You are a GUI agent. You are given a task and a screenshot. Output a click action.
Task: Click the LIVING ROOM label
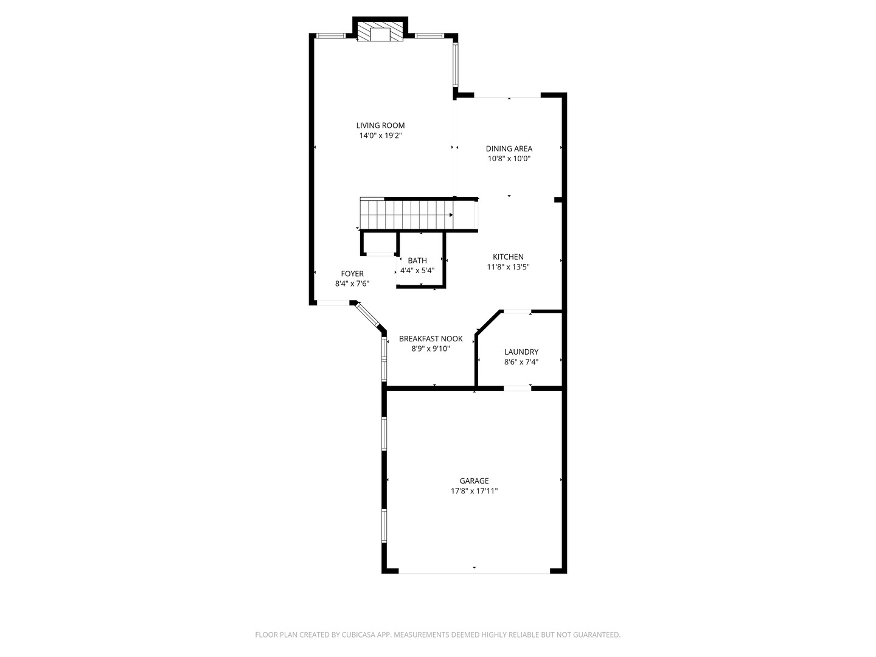coord(380,125)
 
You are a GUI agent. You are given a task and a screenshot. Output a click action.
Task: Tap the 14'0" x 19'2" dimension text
coord(380,136)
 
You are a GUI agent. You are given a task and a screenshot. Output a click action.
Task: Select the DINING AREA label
coord(509,148)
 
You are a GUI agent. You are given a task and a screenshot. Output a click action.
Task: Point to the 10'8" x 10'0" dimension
coord(509,159)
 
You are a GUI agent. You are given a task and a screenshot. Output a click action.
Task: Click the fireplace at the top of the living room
coord(380,33)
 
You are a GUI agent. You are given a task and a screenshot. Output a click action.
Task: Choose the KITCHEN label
coord(508,257)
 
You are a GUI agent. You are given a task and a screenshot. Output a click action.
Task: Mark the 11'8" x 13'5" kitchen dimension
coord(508,267)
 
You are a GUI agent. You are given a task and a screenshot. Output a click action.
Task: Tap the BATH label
coord(417,260)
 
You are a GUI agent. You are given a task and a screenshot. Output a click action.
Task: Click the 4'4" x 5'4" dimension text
coord(417,271)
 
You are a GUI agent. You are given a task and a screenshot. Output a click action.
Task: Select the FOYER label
coord(352,274)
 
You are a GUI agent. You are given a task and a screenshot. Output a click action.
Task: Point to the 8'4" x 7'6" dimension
coord(352,284)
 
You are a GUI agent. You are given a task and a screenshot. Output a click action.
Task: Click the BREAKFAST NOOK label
coord(431,339)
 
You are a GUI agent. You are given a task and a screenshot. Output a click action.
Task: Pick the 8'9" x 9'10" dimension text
coord(431,349)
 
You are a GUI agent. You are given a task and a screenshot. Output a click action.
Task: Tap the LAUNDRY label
coord(521,352)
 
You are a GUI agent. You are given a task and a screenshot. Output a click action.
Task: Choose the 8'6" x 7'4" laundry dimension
coord(521,362)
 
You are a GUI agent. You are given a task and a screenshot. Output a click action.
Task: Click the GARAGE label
coord(474,481)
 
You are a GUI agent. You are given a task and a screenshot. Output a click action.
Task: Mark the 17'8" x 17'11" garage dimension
coord(474,491)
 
